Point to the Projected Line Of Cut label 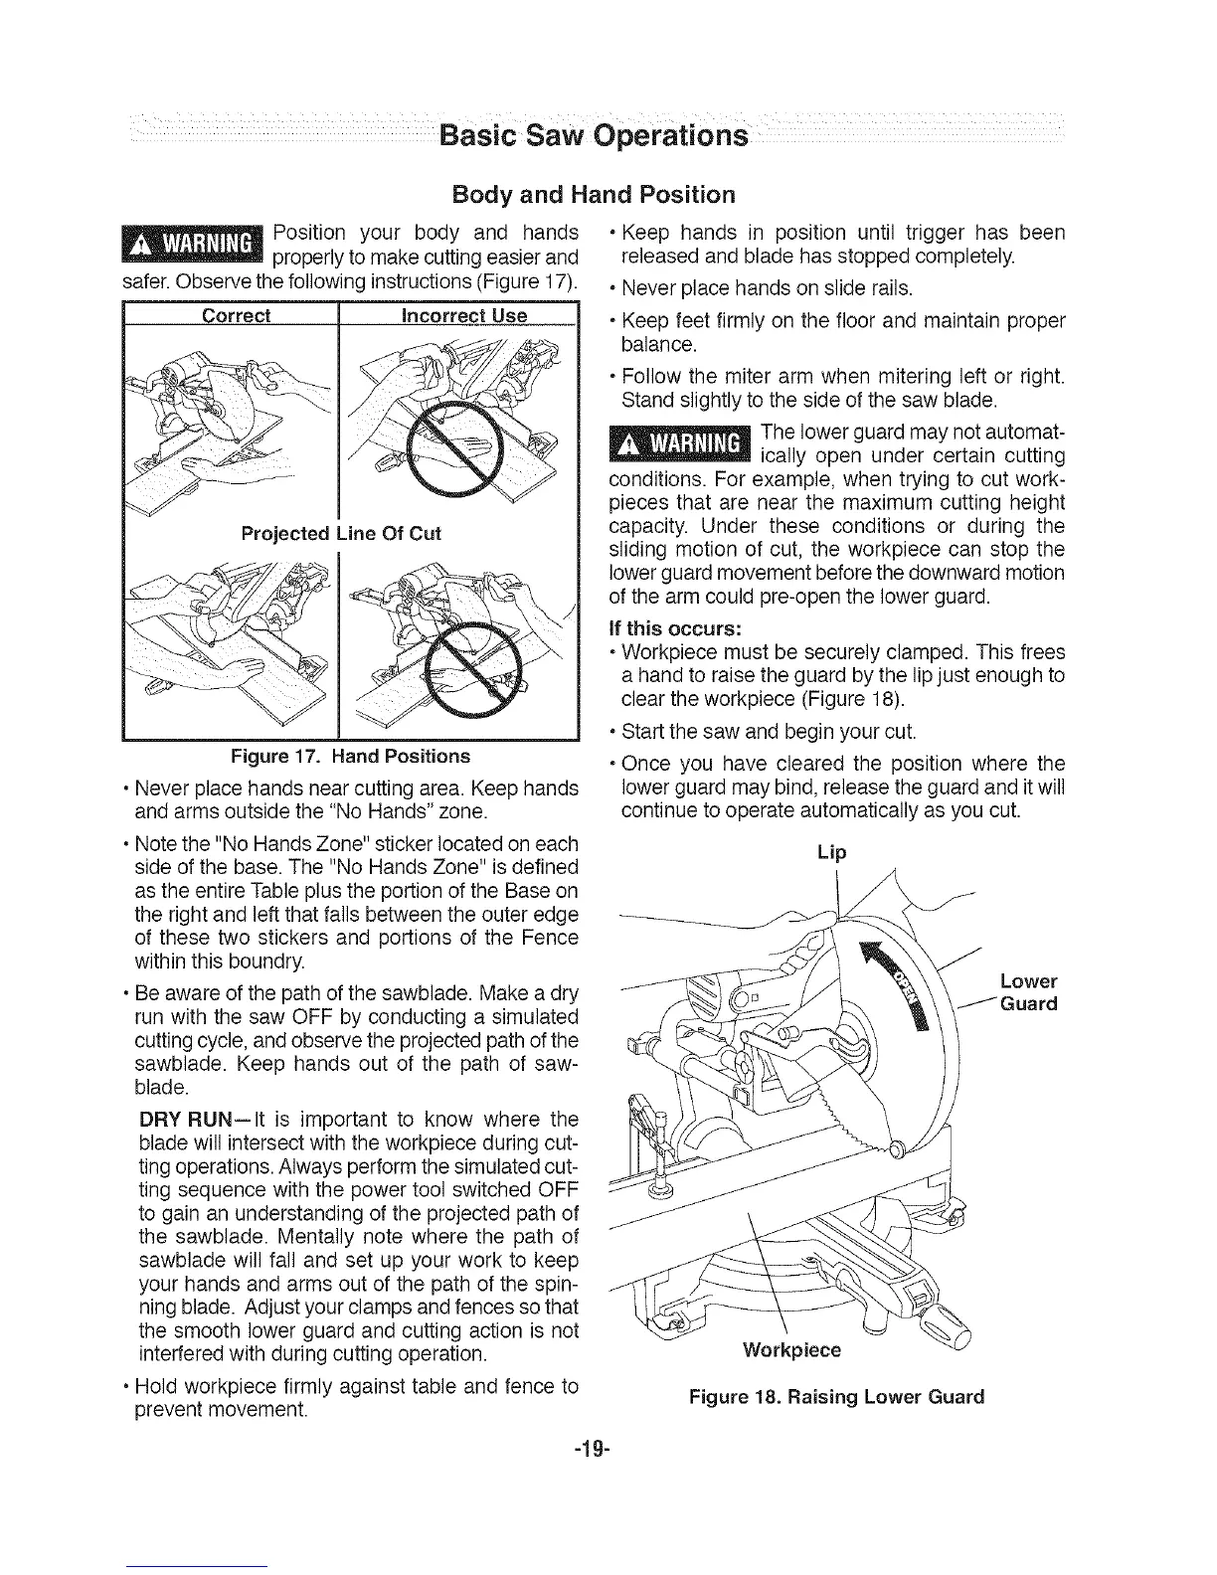tap(341, 533)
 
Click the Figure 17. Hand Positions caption tap(350, 756)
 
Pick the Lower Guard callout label tap(1029, 992)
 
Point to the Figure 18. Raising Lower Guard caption tap(835, 1396)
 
